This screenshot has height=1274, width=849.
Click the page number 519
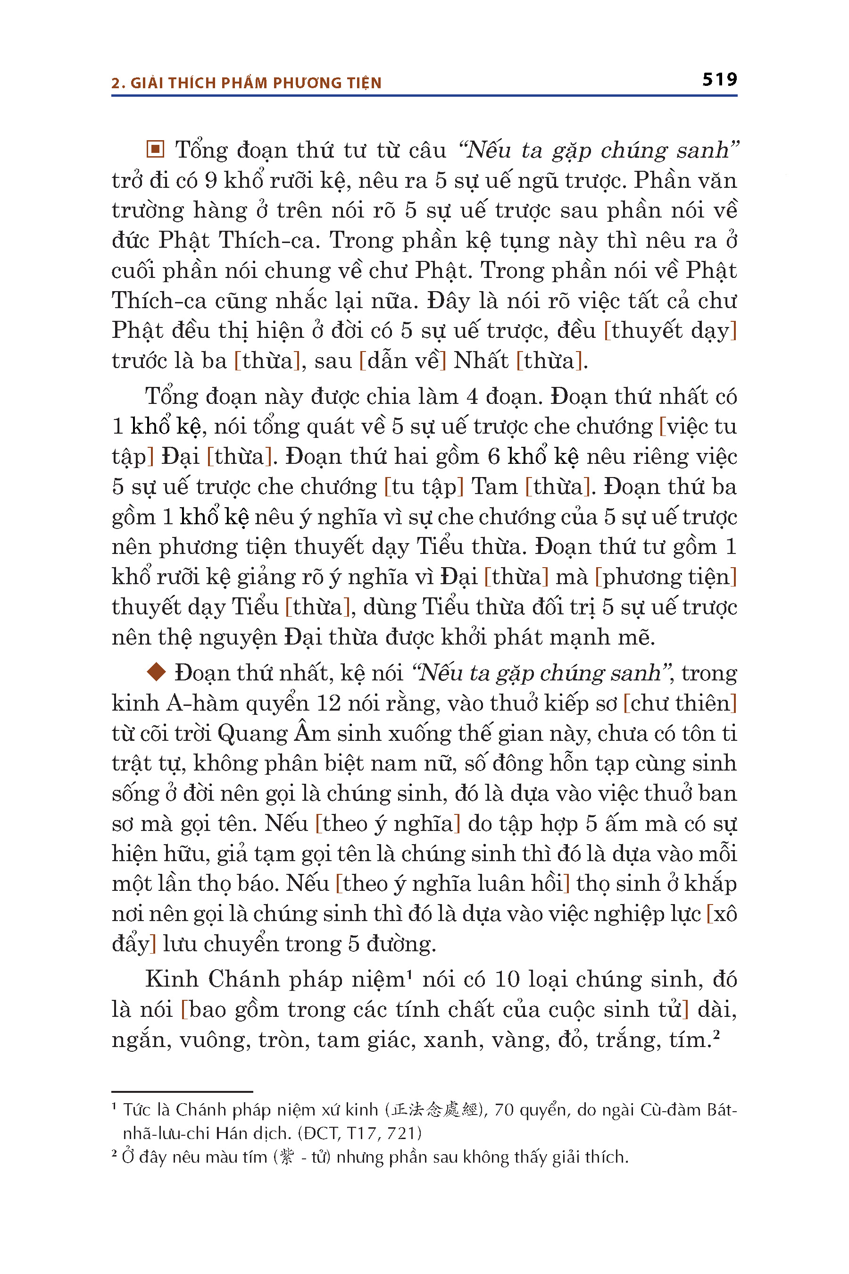pos(720,80)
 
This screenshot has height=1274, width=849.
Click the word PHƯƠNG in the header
pos(303,83)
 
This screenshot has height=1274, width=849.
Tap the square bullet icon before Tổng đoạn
pos(155,149)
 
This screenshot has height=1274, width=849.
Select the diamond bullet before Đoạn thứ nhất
pos(157,672)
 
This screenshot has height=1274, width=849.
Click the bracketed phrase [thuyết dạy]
pos(670,330)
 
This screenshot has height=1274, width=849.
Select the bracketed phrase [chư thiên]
pos(680,703)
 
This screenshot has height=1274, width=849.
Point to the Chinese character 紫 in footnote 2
pos(288,1157)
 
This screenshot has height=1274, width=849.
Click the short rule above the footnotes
pos(182,1091)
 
